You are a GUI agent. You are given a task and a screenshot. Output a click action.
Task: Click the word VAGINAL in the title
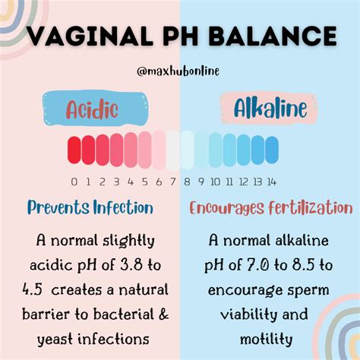click(83, 36)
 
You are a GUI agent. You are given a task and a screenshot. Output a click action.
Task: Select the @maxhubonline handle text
click(179, 71)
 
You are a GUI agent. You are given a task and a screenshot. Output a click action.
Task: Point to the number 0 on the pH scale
click(74, 181)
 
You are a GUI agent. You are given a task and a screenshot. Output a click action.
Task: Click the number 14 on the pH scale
click(270, 181)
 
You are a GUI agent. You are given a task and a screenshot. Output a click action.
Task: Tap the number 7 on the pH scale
click(173, 181)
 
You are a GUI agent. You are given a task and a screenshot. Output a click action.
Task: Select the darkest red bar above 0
click(74, 149)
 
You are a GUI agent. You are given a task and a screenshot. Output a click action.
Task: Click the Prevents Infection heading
click(90, 207)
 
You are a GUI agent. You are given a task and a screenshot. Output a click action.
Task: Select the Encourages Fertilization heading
click(271, 208)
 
